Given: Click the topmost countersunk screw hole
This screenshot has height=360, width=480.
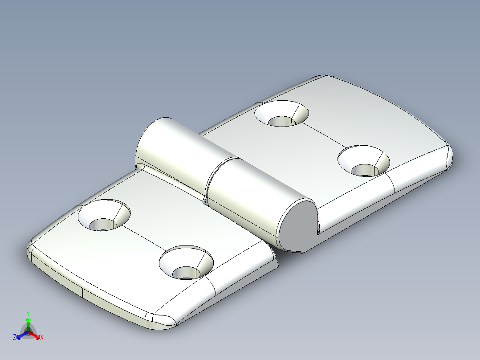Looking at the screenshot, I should pyautogui.click(x=282, y=114).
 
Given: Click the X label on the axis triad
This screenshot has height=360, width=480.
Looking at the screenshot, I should pyautogui.click(x=42, y=338).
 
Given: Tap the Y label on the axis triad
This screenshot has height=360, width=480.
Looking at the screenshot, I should pyautogui.click(x=28, y=313).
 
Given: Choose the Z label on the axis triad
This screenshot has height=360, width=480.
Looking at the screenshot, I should pyautogui.click(x=15, y=338).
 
